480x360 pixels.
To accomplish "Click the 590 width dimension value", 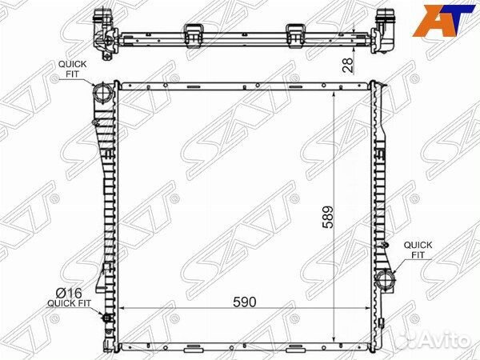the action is [x=244, y=302].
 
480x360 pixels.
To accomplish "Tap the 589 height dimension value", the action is [x=327, y=217].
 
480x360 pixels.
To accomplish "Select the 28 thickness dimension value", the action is [x=348, y=65].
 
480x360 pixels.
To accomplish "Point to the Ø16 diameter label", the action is [x=69, y=294].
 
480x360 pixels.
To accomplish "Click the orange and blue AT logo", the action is [x=443, y=20].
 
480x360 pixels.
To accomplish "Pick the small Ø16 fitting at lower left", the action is [x=107, y=318].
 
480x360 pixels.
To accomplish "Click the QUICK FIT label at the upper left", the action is [x=73, y=69].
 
